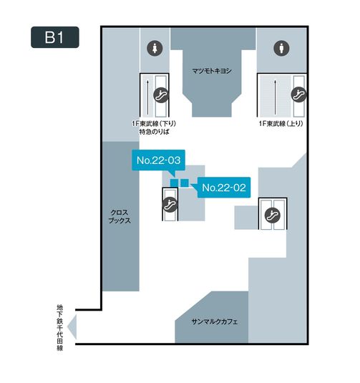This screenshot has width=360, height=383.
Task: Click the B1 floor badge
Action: click(55, 37)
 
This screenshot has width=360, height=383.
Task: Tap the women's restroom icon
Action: click(155, 48)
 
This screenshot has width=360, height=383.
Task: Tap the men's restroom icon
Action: click(281, 48)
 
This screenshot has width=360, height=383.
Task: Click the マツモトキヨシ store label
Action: click(212, 71)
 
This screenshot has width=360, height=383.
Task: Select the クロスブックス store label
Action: click(120, 216)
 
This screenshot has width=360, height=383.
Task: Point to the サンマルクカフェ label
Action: click(215, 321)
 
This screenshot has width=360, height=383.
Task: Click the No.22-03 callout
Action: click(158, 161)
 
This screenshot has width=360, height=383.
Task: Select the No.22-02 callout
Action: click(224, 188)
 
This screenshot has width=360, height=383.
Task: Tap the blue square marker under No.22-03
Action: click(175, 183)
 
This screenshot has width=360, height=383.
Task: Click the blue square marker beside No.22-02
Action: click(185, 183)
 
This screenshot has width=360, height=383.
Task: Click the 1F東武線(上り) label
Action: click(281, 124)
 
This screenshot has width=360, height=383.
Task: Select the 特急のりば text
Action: click(155, 132)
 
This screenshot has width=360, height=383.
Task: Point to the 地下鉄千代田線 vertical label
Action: click(60, 327)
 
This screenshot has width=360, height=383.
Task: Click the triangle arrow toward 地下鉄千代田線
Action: click(73, 327)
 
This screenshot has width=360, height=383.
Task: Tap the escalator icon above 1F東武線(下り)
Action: click(161, 95)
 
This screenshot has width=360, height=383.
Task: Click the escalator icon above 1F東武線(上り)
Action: click(299, 94)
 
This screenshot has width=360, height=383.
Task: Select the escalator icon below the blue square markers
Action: click(170, 204)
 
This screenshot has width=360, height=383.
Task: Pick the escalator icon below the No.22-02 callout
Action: click(273, 215)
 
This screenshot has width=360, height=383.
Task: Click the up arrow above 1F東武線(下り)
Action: click(147, 97)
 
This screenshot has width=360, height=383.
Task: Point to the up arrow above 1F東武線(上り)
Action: click(275, 97)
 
